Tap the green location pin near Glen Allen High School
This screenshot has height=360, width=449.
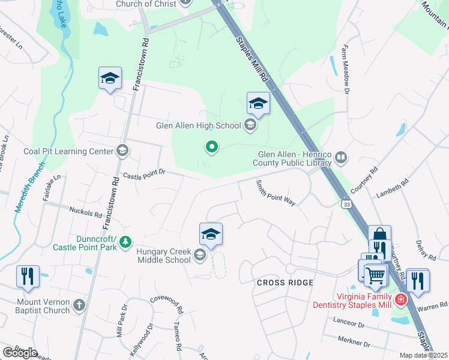coord(211,146)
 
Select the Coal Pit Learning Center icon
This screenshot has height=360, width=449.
coord(122,151)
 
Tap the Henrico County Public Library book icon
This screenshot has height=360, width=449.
coord(340,157)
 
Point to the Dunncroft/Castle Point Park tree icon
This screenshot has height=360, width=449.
coord(125,242)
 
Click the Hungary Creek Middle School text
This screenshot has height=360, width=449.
coord(163,256)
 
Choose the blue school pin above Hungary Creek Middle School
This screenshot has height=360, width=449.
coord(211,234)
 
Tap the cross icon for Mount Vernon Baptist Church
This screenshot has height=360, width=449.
coord(79,306)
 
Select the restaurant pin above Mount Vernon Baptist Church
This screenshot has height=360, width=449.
coord(28,277)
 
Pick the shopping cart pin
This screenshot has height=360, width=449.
coord(375,276)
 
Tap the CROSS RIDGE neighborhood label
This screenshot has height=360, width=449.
coord(285,283)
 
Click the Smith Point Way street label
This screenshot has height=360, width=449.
coord(276,193)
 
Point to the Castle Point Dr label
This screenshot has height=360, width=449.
coord(143,175)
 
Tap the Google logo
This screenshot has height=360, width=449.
coord(20,352)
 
